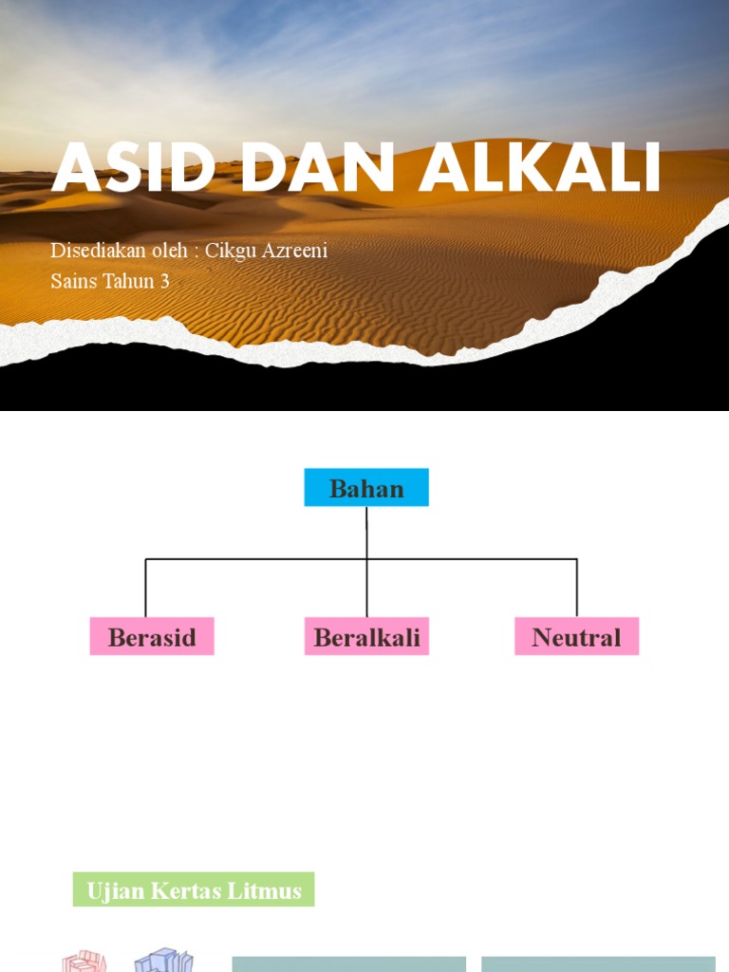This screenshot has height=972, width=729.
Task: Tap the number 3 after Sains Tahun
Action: pyautogui.click(x=164, y=281)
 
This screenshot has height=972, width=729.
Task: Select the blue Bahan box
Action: pyautogui.click(x=366, y=488)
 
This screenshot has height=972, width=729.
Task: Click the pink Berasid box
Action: pyautogui.click(x=152, y=637)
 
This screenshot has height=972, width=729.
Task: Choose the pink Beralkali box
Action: pyautogui.click(x=366, y=637)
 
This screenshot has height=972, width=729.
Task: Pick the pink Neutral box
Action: pyautogui.click(x=576, y=637)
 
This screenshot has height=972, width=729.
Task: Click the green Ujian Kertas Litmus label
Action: pyautogui.click(x=194, y=890)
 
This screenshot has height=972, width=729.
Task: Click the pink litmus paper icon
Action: pyautogui.click(x=84, y=961)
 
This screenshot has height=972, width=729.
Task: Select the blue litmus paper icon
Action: pyautogui.click(x=163, y=959)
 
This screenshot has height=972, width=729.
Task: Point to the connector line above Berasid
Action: pyautogui.click(x=145, y=589)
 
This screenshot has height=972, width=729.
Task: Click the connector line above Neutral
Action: pyautogui.click(x=577, y=589)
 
